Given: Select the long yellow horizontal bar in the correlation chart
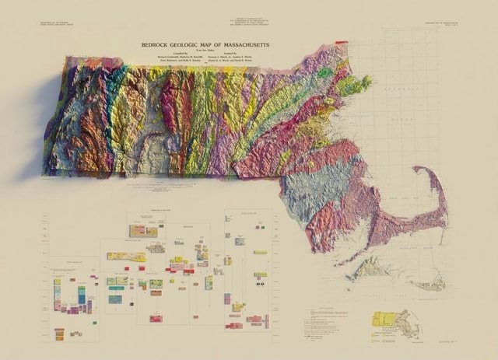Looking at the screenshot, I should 125,256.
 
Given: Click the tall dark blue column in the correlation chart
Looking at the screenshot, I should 82,295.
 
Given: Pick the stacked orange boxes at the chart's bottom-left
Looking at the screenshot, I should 60,333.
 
